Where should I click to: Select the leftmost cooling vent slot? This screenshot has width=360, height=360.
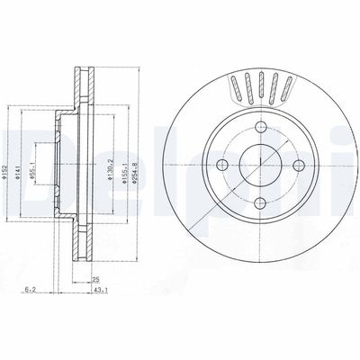tap(236, 91)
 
